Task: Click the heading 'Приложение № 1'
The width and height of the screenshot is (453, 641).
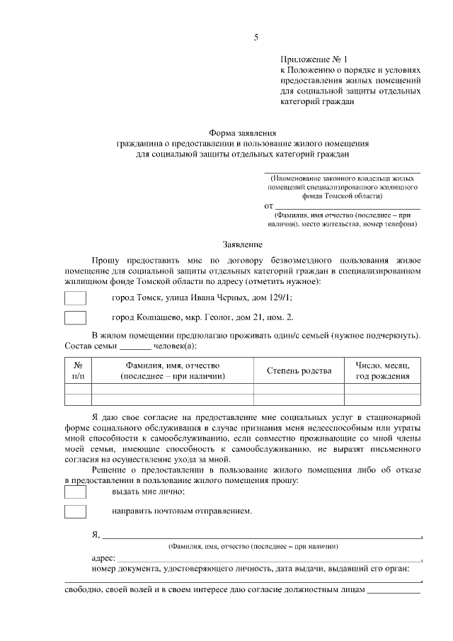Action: tap(315, 62)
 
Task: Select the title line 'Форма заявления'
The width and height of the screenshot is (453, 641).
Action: tap(243, 133)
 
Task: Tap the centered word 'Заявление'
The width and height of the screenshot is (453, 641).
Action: tap(243, 244)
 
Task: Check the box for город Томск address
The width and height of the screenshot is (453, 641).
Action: tap(75, 298)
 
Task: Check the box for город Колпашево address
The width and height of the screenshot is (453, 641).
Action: tap(75, 317)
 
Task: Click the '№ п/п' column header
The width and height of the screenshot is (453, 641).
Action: tap(79, 370)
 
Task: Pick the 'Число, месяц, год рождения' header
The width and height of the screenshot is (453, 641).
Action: tap(382, 370)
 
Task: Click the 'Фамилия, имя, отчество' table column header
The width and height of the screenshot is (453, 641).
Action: tap(173, 370)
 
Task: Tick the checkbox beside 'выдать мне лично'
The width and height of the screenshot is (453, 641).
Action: tap(75, 492)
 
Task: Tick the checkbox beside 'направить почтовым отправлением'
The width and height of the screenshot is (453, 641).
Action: tap(75, 511)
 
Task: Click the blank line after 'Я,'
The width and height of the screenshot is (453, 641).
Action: tap(262, 535)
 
